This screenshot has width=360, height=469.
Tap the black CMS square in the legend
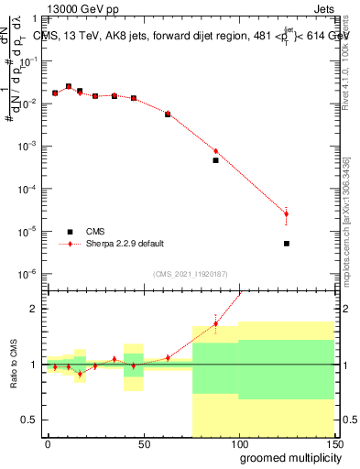coord(69,232)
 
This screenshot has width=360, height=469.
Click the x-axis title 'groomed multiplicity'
coord(286,457)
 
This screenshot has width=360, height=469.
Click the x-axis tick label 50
coord(143,443)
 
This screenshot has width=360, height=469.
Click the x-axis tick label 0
coord(48,443)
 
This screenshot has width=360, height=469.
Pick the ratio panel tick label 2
coord(34,310)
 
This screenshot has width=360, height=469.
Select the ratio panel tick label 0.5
coord(29,420)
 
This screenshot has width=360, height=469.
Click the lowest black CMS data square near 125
coord(287,244)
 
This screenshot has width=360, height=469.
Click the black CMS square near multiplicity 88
coord(216,160)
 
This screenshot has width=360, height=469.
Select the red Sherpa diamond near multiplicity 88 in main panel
coord(216,151)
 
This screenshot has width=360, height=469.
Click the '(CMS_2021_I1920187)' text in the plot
coord(191,273)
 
